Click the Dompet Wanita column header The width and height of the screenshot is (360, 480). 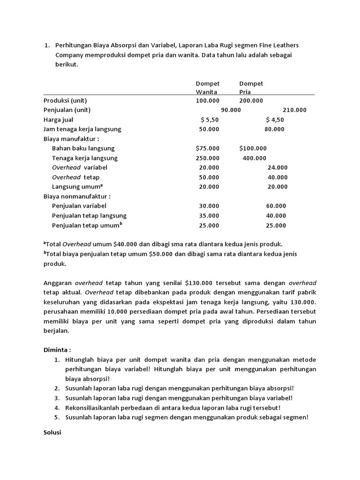pos(207,88)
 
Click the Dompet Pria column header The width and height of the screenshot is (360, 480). pos(251,88)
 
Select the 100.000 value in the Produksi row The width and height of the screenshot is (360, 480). pos(207,100)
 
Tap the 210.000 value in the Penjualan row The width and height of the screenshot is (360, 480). pos(294,110)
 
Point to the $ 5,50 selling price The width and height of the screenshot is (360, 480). pos(210,120)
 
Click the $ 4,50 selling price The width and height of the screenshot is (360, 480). pos(275,120)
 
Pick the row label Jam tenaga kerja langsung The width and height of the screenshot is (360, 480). pos(82,129)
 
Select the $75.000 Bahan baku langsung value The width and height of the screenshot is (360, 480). pos(207,148)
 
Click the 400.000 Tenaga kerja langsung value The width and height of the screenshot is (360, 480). pos(254,158)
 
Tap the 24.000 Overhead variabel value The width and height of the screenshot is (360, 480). pos(277,167)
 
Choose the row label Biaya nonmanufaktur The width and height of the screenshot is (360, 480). pos(77,196)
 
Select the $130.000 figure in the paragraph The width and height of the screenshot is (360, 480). pos(199,283)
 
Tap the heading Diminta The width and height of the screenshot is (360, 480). pos(57,350)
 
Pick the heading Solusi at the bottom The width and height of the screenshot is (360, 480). pos(52,432)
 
